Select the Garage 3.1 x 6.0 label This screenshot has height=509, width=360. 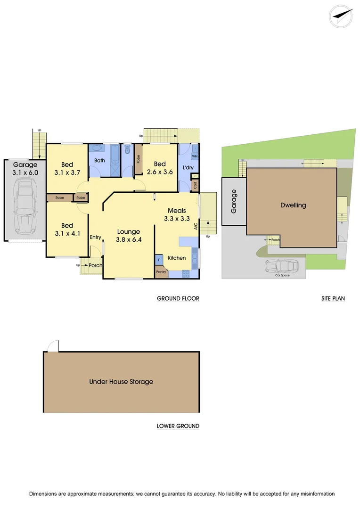[x=25, y=169]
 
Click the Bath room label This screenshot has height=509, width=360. [x=99, y=160]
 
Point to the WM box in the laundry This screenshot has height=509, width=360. [x=195, y=156]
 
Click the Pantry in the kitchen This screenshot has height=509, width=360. [x=161, y=272]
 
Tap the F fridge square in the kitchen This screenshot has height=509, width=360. [x=159, y=259]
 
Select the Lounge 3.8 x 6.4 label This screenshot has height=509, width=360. [x=129, y=236]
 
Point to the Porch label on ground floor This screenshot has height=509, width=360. [x=96, y=265]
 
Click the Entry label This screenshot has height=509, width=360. [x=96, y=237]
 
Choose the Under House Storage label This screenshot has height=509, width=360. [x=121, y=382]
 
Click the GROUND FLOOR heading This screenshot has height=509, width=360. [x=178, y=298]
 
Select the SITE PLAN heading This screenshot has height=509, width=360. [x=333, y=298]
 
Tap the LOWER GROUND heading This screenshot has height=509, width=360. [x=178, y=426]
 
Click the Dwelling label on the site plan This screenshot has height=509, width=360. [x=293, y=205]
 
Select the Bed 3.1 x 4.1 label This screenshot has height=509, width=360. [x=67, y=230]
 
